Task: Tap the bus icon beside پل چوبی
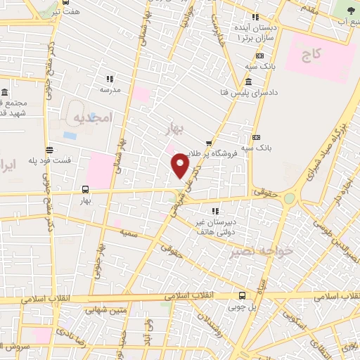point(242,296)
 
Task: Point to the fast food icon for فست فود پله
point(49,149)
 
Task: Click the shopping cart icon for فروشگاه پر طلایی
point(207,143)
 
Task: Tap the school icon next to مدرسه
point(109,79)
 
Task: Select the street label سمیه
point(127,231)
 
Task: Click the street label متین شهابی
point(105,309)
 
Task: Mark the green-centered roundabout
point(289,199)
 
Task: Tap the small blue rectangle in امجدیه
point(70,135)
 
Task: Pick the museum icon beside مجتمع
point(5,93)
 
